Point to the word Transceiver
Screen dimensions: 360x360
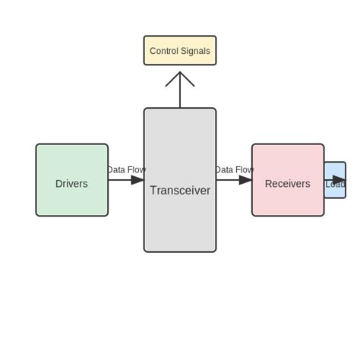pyautogui.click(x=180, y=191)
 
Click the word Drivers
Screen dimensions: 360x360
pyautogui.click(x=71, y=184)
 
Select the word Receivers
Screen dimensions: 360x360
pyautogui.click(x=287, y=184)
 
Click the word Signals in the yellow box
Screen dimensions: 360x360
pyautogui.click(x=195, y=51)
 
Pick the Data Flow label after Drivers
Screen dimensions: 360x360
pyautogui.click(x=126, y=170)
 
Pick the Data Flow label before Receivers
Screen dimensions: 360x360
pyautogui.click(x=234, y=170)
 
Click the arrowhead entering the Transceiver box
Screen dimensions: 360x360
pyautogui.click(x=137, y=180)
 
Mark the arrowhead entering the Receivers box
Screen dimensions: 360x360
pyautogui.click(x=245, y=180)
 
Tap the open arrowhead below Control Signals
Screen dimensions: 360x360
pyautogui.click(x=180, y=78)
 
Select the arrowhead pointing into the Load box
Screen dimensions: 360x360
pyautogui.click(x=339, y=180)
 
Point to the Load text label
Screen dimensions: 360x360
pyautogui.click(x=335, y=185)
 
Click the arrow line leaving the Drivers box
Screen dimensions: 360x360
pyautogui.click(x=119, y=180)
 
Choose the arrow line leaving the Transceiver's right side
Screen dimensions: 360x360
pyautogui.click(x=227, y=180)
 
